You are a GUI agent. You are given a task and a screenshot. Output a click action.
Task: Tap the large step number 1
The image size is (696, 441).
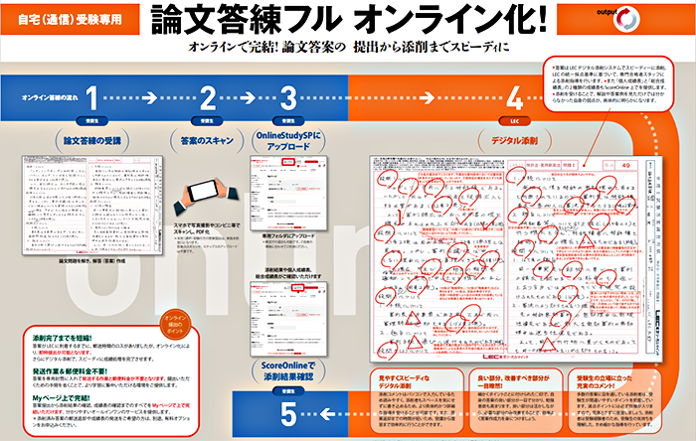tap(91, 97)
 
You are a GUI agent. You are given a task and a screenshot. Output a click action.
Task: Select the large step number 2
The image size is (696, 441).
tap(208, 97)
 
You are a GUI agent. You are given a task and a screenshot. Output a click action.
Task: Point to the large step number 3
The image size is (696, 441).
tap(288, 97)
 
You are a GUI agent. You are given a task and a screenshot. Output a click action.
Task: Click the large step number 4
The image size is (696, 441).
tap(514, 97)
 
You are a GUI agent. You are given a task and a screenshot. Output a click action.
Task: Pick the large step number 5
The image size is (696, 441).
tap(289, 409)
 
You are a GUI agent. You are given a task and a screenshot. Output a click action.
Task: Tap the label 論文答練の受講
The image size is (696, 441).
tap(91, 141)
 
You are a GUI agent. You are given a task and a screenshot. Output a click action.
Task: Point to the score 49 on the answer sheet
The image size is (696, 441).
tap(623, 166)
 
